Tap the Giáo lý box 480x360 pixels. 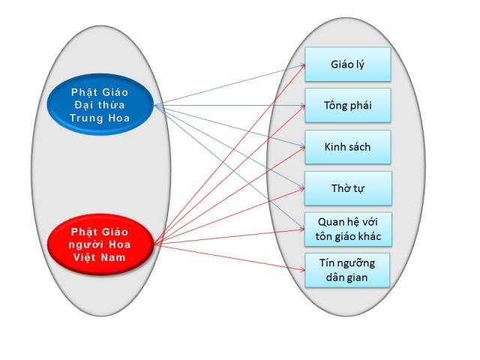348,64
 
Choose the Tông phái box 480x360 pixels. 348,105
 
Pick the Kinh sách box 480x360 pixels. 348,147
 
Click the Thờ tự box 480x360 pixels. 348,188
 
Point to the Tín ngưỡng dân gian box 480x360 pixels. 348,270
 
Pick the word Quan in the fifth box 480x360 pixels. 322,222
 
